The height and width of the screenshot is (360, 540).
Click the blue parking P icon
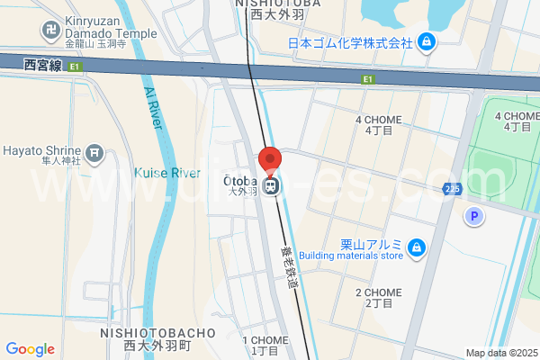pyautogui.click(x=472, y=216)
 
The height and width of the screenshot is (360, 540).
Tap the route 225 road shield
pyautogui.click(x=453, y=188)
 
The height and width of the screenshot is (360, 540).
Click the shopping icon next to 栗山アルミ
pyautogui.click(x=416, y=247)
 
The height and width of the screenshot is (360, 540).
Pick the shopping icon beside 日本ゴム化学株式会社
pyautogui.click(x=427, y=41)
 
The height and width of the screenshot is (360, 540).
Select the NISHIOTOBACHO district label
pyautogui.click(x=158, y=333)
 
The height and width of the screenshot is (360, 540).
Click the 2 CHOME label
pyautogui.click(x=378, y=292)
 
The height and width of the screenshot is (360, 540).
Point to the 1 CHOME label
pyautogui.click(x=270, y=340)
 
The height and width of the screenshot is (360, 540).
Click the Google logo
pyautogui.click(x=30, y=349)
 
